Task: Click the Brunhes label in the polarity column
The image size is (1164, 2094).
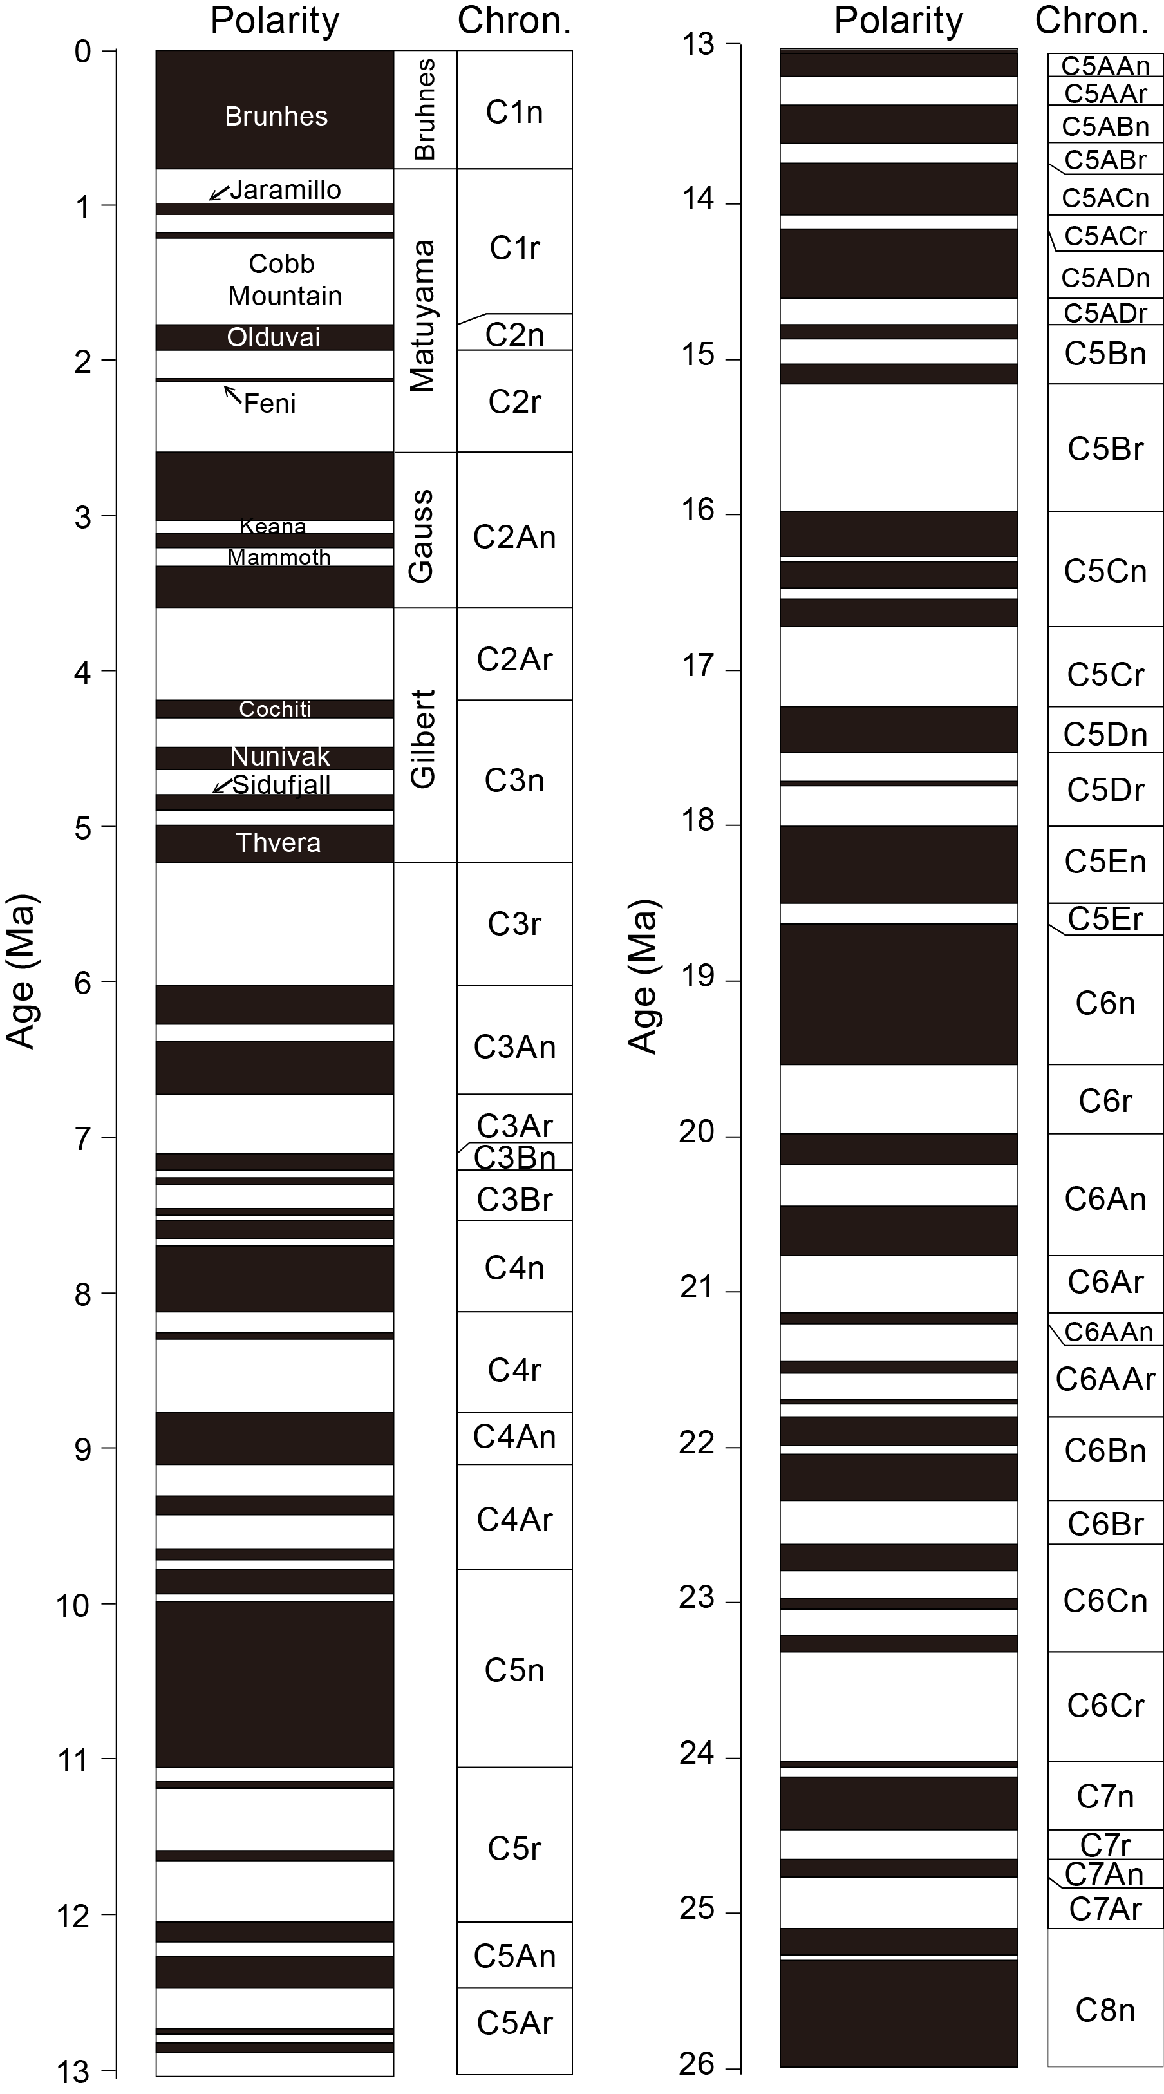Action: pos(276,117)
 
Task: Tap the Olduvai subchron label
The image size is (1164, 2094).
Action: pos(274,337)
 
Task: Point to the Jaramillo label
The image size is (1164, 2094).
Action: pos(285,190)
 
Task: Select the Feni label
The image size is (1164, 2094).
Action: pos(270,403)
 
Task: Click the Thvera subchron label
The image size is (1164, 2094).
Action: pos(278,843)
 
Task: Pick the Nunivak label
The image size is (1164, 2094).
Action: pos(279,757)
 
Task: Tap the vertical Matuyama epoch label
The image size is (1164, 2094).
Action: pos(423,316)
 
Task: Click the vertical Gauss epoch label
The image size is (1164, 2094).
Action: pos(421,536)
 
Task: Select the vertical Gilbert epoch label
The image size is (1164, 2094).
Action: pos(424,739)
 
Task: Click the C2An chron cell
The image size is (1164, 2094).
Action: pos(514,537)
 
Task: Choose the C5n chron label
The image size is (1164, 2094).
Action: pos(514,1670)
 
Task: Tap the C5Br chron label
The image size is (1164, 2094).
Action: pos(1105,449)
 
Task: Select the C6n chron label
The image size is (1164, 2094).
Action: pos(1105,1003)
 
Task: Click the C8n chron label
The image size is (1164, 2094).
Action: pos(1105,2010)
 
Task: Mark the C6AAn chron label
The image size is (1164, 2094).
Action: pos(1109,1332)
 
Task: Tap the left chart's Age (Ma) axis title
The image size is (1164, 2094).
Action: pos(21,972)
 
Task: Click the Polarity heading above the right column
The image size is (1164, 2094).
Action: pos(898,21)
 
